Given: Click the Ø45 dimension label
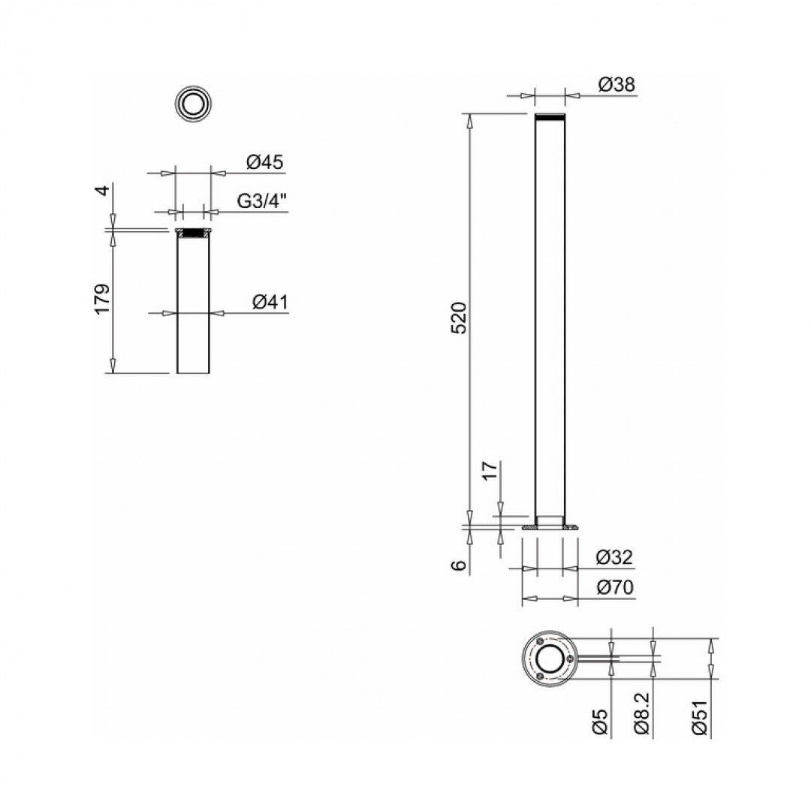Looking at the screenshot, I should pyautogui.click(x=264, y=162).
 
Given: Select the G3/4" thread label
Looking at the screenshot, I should pyautogui.click(x=263, y=201).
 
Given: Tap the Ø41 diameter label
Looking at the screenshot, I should pyautogui.click(x=270, y=302).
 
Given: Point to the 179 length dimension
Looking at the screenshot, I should pyautogui.click(x=103, y=299).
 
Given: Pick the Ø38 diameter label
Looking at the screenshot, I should pyautogui.click(x=617, y=85).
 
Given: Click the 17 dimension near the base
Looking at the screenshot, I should pyautogui.click(x=490, y=471).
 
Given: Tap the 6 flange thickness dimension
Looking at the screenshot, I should pyautogui.click(x=462, y=565).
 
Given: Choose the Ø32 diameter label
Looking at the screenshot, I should pyautogui.click(x=614, y=558).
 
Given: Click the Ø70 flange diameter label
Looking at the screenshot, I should pyautogui.click(x=614, y=588).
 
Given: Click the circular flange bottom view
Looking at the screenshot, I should pyautogui.click(x=550, y=659).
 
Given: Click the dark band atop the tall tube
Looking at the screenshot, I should pyautogui.click(x=550, y=118).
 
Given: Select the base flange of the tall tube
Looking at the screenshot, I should pyautogui.click(x=550, y=529).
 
